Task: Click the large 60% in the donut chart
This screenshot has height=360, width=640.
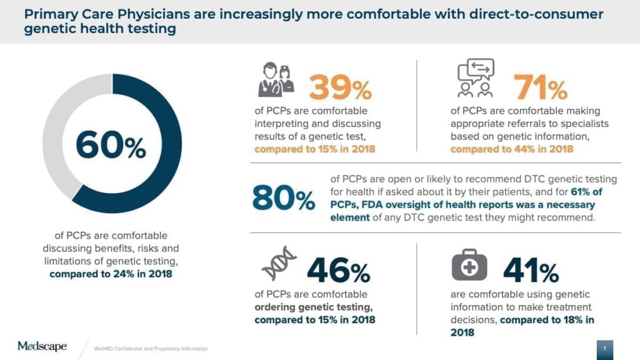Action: [x=111, y=147]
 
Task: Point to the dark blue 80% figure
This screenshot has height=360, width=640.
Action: [x=283, y=199]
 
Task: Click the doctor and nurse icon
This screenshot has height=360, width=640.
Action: [x=276, y=82]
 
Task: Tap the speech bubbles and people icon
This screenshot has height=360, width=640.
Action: [x=476, y=78]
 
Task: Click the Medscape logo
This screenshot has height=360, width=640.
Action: [x=42, y=346]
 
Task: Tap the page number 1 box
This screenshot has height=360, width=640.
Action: [x=605, y=347]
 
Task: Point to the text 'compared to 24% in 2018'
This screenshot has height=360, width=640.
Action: [x=111, y=274]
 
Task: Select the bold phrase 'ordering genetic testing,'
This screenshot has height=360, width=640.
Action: [x=314, y=307]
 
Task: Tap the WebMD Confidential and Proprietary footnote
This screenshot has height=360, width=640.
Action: [x=151, y=348]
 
